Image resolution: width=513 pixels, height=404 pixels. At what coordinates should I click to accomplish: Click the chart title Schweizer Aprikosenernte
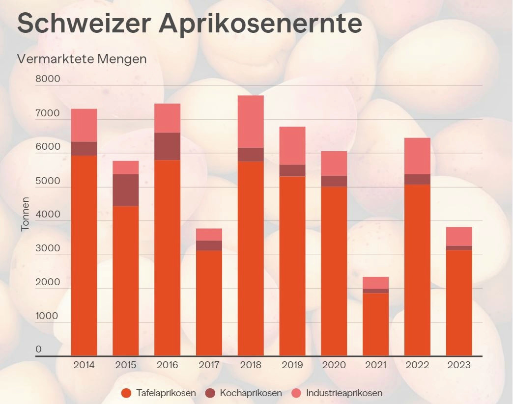(x=190, y=23)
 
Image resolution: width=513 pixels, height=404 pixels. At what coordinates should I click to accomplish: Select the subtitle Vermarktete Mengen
(x=82, y=59)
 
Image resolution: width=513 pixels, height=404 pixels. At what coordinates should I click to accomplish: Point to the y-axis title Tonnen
(x=26, y=214)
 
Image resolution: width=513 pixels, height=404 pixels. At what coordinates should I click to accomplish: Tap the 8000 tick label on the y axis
(x=48, y=79)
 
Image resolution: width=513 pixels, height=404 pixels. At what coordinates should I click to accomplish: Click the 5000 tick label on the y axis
(x=48, y=181)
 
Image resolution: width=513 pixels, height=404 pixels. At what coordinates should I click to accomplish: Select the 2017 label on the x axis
(x=209, y=365)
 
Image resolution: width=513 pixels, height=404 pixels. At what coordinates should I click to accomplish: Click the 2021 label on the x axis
(x=375, y=365)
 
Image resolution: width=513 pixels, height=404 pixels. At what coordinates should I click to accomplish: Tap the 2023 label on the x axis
(x=459, y=365)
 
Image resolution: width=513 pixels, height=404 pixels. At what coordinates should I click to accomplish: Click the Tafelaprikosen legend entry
(x=159, y=393)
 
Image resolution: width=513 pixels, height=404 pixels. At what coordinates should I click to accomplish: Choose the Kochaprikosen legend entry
(x=244, y=393)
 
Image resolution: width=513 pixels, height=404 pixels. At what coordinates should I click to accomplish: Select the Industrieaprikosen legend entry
(x=337, y=393)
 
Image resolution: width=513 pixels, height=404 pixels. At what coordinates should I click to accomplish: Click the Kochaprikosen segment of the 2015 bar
(x=125, y=190)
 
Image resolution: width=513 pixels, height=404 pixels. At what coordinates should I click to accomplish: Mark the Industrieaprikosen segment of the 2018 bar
(x=251, y=121)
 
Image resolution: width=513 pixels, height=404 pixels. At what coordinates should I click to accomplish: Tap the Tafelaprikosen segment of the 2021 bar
(x=375, y=324)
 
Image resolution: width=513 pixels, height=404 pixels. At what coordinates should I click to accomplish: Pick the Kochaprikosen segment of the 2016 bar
(x=167, y=146)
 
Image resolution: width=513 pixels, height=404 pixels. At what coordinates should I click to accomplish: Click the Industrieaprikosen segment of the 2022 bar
(x=417, y=156)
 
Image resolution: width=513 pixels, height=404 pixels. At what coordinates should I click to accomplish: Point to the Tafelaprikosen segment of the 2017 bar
(x=209, y=303)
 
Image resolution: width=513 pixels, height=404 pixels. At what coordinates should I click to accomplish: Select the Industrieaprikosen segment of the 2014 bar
(x=84, y=125)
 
